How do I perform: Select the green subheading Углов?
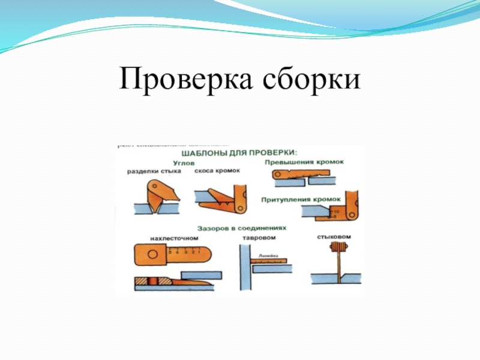pyautogui.click(x=183, y=162)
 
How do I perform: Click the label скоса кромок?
pyautogui.click(x=217, y=171)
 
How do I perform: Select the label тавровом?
pyautogui.click(x=257, y=238)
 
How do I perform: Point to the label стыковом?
pyautogui.click(x=334, y=237)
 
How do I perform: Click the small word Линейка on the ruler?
pyautogui.click(x=267, y=256)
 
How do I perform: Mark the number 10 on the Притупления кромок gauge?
pyautogui.click(x=335, y=212)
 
